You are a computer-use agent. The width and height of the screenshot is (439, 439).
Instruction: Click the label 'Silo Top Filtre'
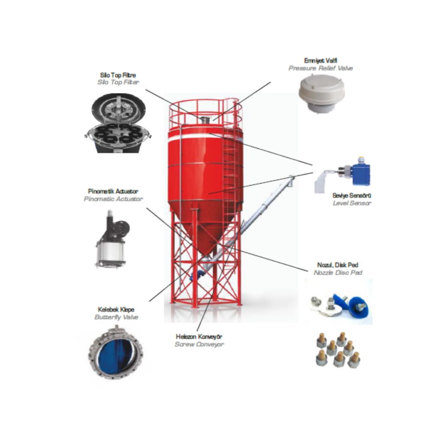[x=118, y=75]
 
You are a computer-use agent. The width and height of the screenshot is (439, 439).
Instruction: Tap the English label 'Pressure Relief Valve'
[x=321, y=68]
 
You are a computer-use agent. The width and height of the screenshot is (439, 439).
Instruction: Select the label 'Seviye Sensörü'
[x=352, y=195]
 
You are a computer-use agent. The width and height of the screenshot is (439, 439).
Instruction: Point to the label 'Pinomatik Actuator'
[x=113, y=192]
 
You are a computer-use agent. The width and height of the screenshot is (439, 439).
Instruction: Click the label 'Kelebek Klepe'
[x=116, y=310]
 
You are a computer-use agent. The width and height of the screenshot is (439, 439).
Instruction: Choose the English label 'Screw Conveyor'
[x=199, y=344]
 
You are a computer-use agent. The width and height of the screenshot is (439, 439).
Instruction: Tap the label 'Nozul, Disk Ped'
[x=338, y=265]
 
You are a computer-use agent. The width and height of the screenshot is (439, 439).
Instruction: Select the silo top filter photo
[x=118, y=123]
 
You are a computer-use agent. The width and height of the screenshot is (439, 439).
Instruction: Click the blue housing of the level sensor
[x=361, y=174]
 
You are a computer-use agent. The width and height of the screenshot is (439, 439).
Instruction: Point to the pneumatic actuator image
[x=112, y=239]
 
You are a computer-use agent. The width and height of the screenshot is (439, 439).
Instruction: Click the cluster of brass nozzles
[x=338, y=350]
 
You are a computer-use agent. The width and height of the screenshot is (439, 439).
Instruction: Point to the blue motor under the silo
[x=195, y=275]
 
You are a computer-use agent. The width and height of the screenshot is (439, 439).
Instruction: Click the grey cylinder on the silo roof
[x=205, y=120]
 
